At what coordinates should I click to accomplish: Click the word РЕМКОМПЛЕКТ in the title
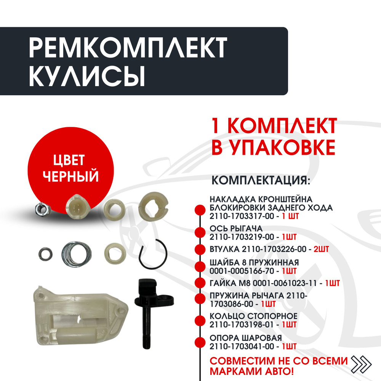point(128,47)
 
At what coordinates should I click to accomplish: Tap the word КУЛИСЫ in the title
point(87,75)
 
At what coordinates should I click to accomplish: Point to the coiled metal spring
point(77,254)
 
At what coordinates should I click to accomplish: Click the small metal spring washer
point(45,254)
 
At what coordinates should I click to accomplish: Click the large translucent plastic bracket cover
point(80,317)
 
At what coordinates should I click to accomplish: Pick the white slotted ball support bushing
point(153,205)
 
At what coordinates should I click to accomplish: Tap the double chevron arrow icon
point(361,364)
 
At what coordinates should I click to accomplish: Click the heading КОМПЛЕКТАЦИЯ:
point(261,180)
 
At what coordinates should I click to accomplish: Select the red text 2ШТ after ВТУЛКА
point(321,249)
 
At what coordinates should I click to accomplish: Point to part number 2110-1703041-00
point(242,346)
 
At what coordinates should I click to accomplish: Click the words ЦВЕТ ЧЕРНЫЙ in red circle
point(71,168)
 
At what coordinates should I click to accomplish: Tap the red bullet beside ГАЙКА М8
point(200,283)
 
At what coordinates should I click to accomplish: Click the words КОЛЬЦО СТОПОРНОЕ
point(253,316)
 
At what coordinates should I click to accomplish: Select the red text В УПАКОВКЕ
point(273,147)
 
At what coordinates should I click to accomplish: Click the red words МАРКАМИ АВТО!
point(251,371)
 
